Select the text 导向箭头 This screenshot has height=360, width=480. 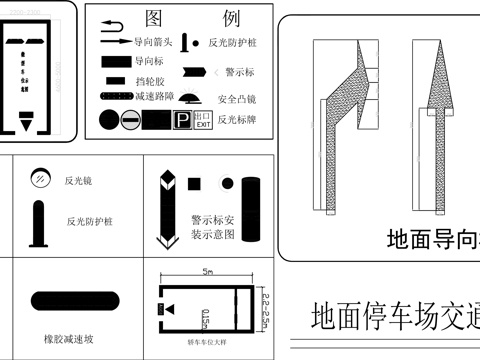154,43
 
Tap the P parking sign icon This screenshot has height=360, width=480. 183,121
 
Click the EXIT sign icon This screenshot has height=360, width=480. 204,122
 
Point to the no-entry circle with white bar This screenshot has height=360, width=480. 131,122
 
